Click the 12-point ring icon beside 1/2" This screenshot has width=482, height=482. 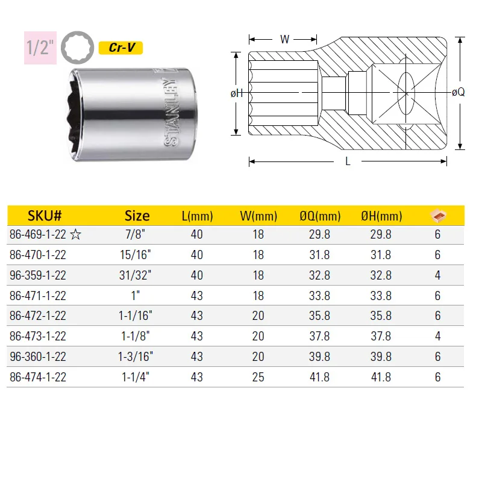click(74, 48)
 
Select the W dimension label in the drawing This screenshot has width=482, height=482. click(285, 40)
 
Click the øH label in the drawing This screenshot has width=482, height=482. click(237, 93)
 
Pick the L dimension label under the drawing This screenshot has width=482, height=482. click(348, 161)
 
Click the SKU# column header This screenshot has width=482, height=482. click(45, 216)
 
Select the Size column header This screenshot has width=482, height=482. click(137, 216)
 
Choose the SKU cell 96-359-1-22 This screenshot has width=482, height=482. click(38, 275)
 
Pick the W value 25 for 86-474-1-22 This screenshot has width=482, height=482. click(258, 377)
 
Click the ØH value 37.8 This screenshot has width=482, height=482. click(380, 336)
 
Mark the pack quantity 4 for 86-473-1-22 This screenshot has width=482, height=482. click(437, 336)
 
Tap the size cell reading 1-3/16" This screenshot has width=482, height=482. click(137, 357)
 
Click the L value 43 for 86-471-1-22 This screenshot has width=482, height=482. click(196, 296)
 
